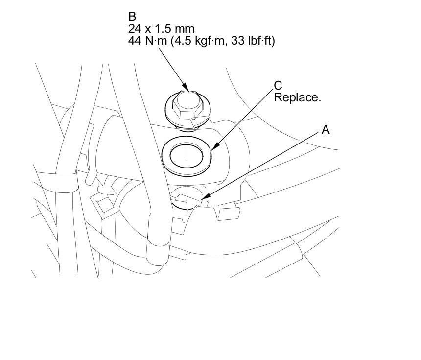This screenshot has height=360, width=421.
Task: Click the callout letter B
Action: click(x=132, y=18)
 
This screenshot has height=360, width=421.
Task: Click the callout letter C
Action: click(x=278, y=86)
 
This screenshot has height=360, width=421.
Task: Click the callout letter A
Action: click(x=326, y=130)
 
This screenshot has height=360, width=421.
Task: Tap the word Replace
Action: click(x=297, y=97)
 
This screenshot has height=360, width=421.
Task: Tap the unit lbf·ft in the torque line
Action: click(x=260, y=41)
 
